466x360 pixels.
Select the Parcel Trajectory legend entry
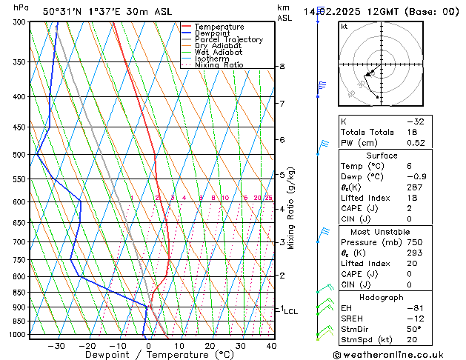pos(228,39)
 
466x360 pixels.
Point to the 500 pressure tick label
pos(21,155)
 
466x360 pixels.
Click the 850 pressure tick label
pos(21,292)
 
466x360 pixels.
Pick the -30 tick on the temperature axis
pos(56,345)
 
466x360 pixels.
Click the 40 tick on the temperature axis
pos(271,345)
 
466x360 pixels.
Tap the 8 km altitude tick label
pos(282,67)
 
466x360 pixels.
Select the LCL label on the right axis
pos(290,312)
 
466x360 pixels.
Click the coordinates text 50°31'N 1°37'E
pos(81,11)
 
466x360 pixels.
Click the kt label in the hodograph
pos(344,26)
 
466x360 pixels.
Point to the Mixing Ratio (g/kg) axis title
pos(290,207)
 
